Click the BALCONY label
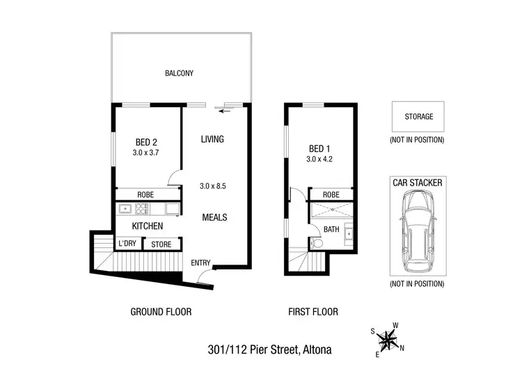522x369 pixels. (179, 73)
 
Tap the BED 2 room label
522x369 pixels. (146, 141)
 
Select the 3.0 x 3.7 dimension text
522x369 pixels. (146, 152)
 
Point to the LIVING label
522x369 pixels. (212, 139)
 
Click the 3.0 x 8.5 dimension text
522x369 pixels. (214, 186)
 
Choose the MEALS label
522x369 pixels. (214, 217)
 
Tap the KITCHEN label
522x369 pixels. (148, 226)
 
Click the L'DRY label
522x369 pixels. (127, 244)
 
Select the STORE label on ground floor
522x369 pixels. (161, 244)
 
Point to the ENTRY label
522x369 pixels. (202, 262)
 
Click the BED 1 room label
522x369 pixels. (320, 148)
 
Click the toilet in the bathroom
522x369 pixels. (317, 243)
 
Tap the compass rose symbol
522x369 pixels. (387, 340)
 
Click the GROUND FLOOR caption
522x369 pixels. (161, 312)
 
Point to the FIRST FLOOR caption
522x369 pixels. (313, 312)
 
